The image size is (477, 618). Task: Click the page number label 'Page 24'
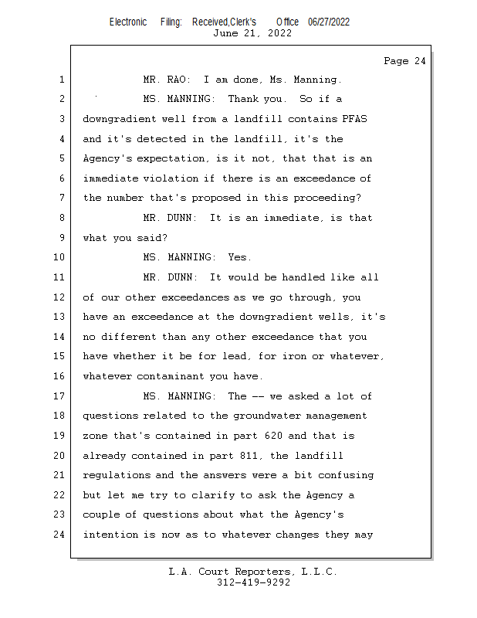[404, 61]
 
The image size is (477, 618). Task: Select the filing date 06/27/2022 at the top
[329, 22]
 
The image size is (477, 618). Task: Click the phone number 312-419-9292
[254, 582]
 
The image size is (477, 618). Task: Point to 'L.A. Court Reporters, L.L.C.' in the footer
[253, 572]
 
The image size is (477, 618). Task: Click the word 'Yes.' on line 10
[239, 257]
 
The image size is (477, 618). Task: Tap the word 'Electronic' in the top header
[128, 22]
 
